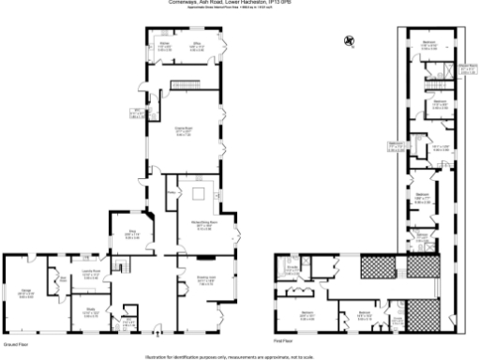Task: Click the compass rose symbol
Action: (349, 40)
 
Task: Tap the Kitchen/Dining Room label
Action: (204, 225)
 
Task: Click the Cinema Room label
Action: (184, 131)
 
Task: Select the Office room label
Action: (199, 44)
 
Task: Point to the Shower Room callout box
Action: (468, 67)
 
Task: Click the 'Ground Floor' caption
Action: (13, 345)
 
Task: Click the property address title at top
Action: (240, 4)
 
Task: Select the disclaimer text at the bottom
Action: (240, 356)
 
